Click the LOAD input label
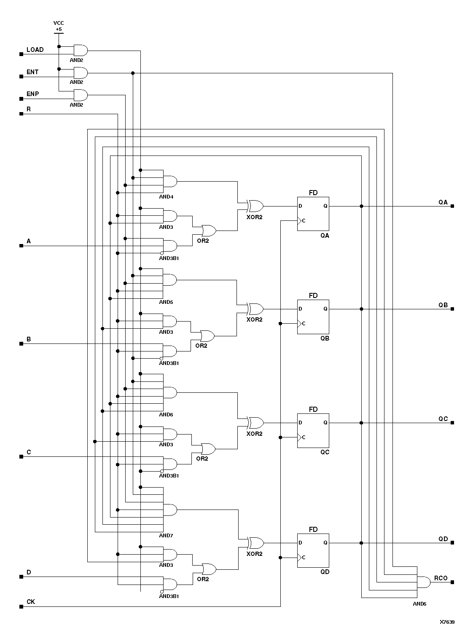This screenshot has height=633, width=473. tap(35, 50)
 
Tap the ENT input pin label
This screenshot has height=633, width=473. tap(32, 72)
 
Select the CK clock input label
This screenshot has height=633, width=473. tap(31, 602)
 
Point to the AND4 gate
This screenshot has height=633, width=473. tap(169, 182)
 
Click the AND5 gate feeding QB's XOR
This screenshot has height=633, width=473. tap(169, 280)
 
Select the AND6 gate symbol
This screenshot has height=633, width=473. tap(169, 393)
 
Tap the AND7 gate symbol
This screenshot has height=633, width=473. tap(169, 510)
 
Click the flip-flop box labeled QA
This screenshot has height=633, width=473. tap(313, 214)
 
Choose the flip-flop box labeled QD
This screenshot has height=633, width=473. tap(313, 550)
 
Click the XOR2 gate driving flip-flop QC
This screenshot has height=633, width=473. tap(255, 423)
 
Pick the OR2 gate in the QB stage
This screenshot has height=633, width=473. tap(207, 336)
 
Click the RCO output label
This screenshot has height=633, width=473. tap(441, 578)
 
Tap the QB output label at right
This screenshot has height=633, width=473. tap(443, 305)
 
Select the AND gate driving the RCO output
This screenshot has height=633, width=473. tap(423, 582)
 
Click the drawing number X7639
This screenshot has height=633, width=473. tap(447, 622)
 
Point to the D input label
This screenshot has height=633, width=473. tap(29, 572)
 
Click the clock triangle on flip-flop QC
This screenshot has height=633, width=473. tap(300, 437)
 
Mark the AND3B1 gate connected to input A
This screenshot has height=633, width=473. tap(169, 246)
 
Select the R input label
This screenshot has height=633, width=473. tap(29, 109)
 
